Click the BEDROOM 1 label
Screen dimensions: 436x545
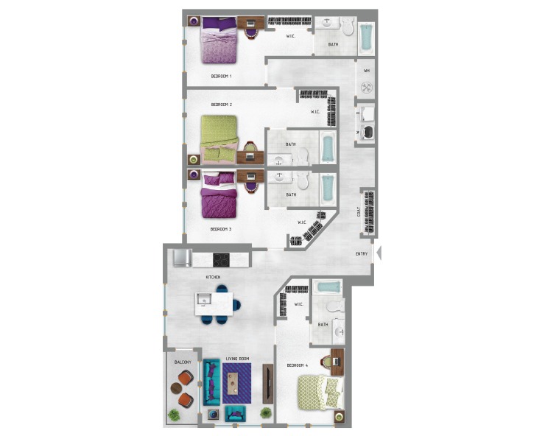tap(222, 76)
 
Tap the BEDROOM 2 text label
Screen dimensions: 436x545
tap(222, 105)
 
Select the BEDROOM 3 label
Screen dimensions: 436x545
tap(221, 229)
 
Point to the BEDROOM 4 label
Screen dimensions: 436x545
tap(298, 365)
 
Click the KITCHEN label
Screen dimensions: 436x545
tap(214, 277)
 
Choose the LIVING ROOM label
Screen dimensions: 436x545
tap(237, 359)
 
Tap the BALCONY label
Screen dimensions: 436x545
tap(183, 362)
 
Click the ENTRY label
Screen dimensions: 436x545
tap(362, 254)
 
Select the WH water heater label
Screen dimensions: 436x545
tap(366, 71)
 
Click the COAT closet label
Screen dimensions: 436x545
tap(359, 212)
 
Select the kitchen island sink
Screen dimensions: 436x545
tap(204, 300)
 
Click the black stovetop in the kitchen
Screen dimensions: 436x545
tap(222, 259)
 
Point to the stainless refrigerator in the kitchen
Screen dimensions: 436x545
tap(182, 259)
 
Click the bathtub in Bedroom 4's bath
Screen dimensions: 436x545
tap(327, 286)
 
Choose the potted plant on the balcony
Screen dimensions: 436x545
tap(174, 415)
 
